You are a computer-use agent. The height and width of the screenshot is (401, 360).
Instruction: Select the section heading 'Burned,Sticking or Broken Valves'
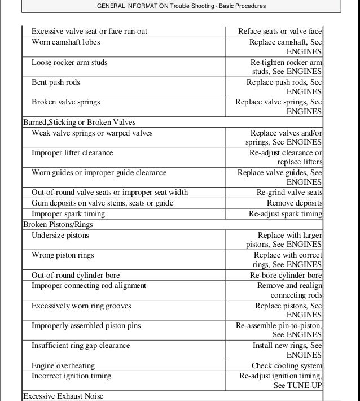pos(79,122)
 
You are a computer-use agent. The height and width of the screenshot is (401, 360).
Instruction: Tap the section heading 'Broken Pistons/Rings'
pos(58,224)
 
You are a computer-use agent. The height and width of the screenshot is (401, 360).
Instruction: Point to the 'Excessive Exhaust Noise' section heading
pos(63,396)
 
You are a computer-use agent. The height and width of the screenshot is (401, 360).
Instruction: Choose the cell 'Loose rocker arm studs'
pos(69,62)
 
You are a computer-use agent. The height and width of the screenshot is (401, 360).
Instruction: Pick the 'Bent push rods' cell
pos(56,82)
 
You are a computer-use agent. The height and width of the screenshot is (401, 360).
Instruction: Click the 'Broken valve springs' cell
pos(66,102)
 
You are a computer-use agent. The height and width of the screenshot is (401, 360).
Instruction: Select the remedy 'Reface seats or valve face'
pos(280,32)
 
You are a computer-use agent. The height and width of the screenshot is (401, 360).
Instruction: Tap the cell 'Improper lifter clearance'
pos(72,153)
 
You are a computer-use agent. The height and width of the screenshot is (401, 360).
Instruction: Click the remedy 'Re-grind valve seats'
pos(289,193)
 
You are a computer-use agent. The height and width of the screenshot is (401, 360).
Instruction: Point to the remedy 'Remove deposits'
pos(295,203)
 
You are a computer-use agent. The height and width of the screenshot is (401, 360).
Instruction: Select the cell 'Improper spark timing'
pos(68,214)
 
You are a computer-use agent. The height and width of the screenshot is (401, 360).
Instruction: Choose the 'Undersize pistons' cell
pos(60,235)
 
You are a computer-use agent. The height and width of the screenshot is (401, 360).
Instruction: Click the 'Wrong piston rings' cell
pos(63,255)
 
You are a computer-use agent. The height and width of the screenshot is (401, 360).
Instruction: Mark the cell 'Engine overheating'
pos(63,366)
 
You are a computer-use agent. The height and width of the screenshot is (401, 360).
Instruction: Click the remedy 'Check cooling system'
pos(287,366)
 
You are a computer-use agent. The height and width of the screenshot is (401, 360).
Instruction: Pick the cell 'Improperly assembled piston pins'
pos(86,326)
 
